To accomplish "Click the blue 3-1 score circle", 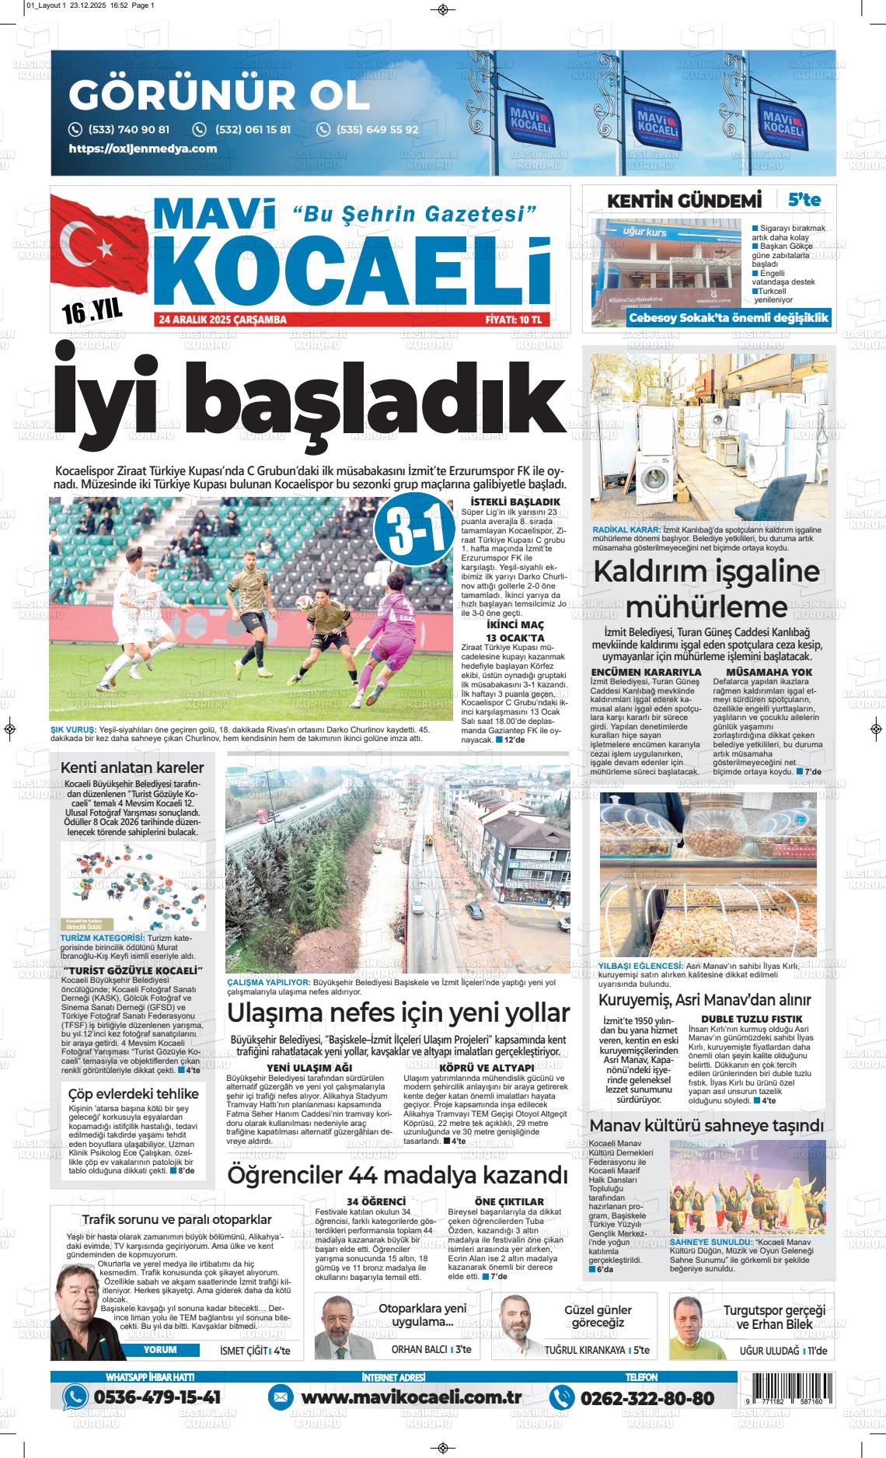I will click(413, 538).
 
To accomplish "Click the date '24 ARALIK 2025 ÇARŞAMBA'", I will click(222, 320).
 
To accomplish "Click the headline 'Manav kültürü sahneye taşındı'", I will click(706, 1125).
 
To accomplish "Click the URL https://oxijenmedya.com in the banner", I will click(143, 149).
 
